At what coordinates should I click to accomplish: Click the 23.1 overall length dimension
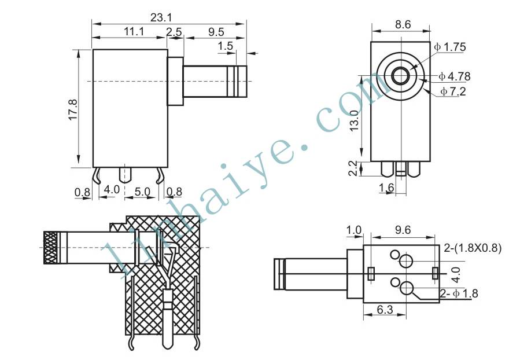tap(161, 17)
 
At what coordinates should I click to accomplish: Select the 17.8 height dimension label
tap(73, 109)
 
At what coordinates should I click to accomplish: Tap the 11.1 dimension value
tap(134, 32)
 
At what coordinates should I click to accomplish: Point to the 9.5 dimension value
tap(216, 32)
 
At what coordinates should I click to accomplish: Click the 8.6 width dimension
tap(403, 24)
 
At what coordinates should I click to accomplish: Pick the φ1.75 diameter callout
tap(450, 47)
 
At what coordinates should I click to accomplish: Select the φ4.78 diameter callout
tap(455, 76)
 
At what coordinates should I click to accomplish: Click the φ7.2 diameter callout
tap(453, 91)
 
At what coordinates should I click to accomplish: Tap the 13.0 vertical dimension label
tap(354, 120)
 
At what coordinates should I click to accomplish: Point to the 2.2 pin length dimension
tap(353, 168)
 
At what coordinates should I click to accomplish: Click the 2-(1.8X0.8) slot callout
tap(473, 248)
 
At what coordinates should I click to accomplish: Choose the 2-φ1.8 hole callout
tap(459, 293)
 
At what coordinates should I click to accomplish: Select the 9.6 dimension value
tap(403, 230)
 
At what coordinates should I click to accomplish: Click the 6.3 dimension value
tap(385, 310)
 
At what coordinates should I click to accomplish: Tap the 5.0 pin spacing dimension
tap(142, 192)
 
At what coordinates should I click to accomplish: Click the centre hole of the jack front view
tap(401, 76)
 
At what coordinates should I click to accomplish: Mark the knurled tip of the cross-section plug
tap(52, 248)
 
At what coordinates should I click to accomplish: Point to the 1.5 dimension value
tap(225, 46)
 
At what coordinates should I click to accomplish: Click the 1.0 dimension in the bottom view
tap(353, 230)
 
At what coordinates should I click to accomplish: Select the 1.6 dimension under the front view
tap(386, 188)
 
